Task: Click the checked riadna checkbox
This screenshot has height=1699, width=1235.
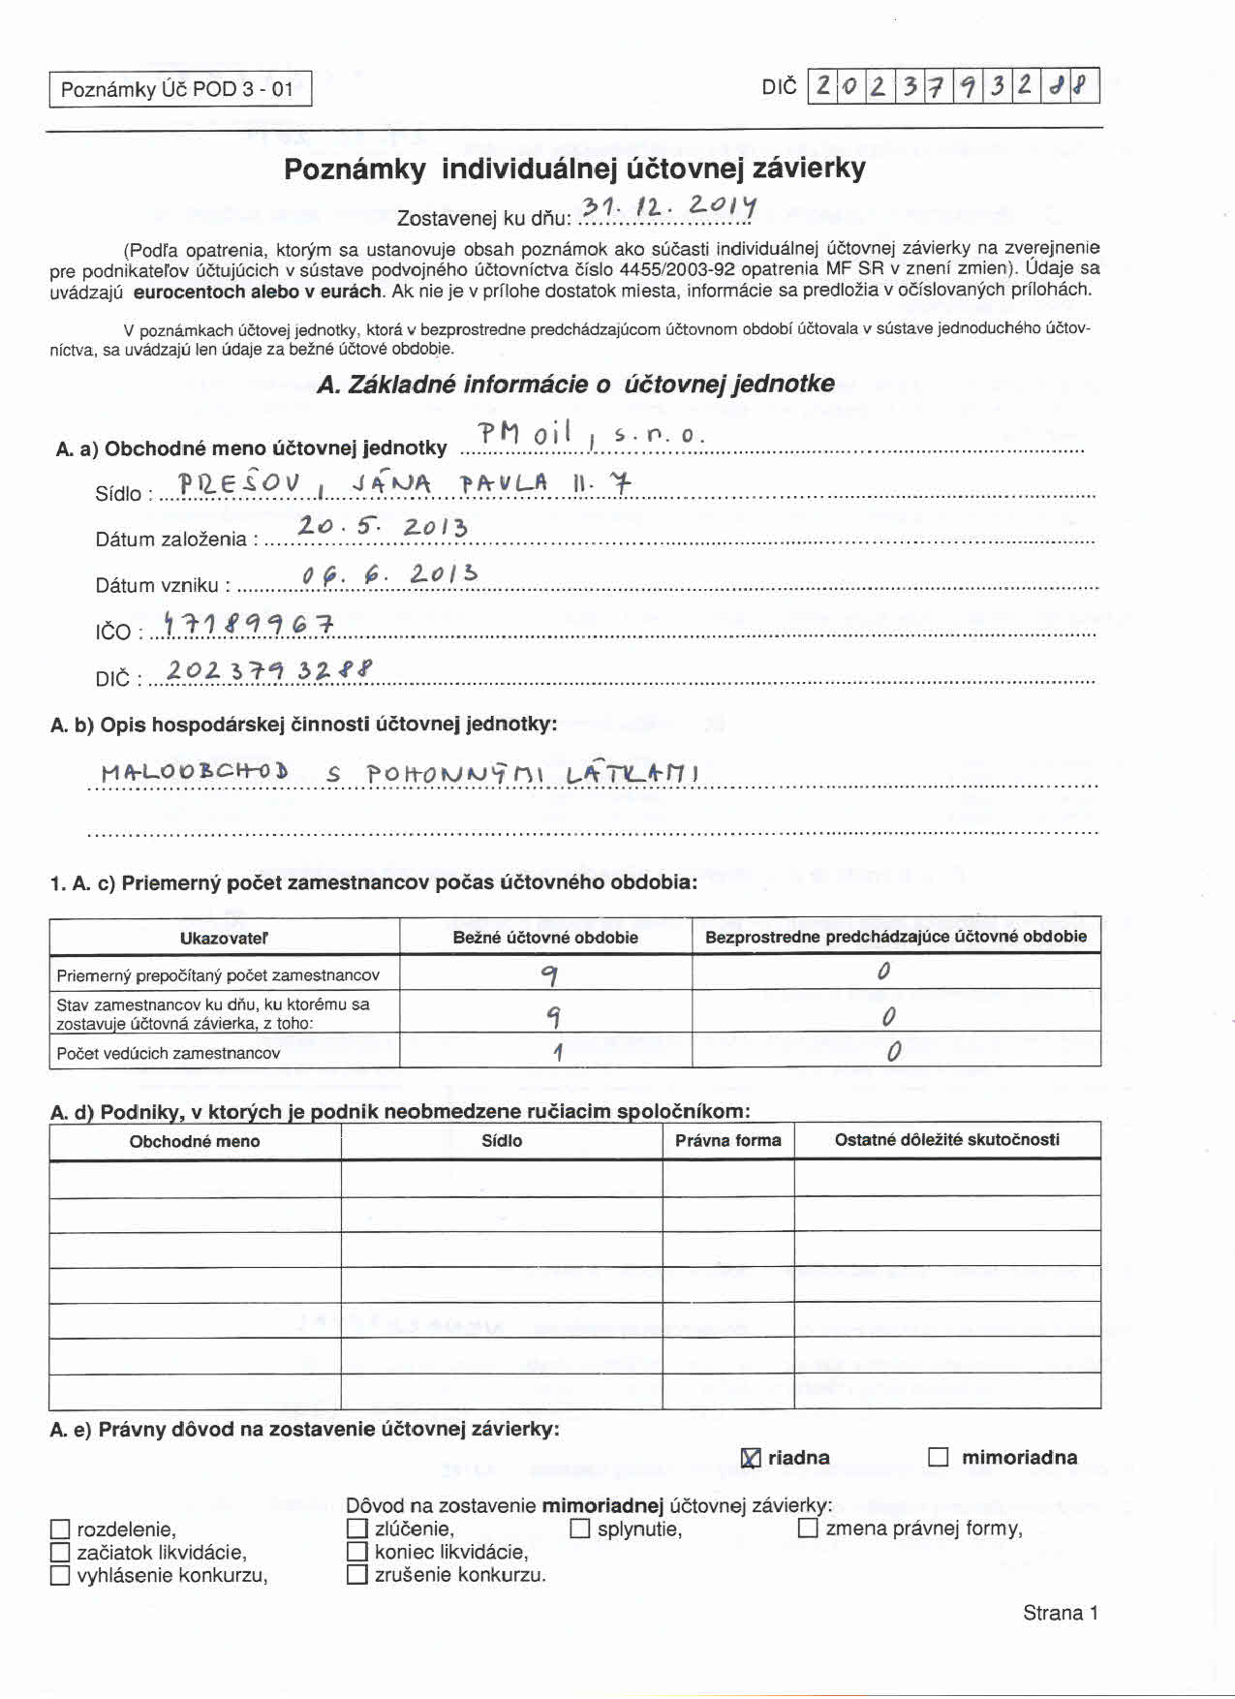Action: click(751, 1458)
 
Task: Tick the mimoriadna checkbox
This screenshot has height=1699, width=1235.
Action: click(938, 1457)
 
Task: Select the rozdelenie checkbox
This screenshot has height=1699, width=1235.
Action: click(60, 1529)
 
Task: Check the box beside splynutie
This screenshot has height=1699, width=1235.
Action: click(580, 1529)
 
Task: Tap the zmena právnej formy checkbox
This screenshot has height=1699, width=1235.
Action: click(808, 1529)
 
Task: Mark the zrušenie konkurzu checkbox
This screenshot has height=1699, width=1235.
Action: click(356, 1574)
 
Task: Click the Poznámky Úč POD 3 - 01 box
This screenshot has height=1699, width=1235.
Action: click(180, 89)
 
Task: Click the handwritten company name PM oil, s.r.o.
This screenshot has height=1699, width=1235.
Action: click(591, 435)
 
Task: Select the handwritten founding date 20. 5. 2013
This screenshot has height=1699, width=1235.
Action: click(383, 526)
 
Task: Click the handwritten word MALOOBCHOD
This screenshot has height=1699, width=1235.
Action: click(195, 772)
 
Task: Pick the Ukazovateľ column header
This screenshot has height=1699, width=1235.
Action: click(224, 938)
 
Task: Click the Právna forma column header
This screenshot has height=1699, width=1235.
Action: click(728, 1140)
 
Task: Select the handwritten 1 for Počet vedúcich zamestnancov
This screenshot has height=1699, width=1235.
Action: click(558, 1052)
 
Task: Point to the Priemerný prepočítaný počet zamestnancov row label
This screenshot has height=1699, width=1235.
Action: click(218, 975)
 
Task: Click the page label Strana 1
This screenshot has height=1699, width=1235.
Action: click(1060, 1613)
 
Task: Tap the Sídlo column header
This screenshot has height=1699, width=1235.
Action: click(502, 1140)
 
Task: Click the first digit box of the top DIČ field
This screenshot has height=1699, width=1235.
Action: click(822, 86)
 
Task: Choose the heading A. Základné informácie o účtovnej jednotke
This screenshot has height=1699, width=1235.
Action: click(575, 385)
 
